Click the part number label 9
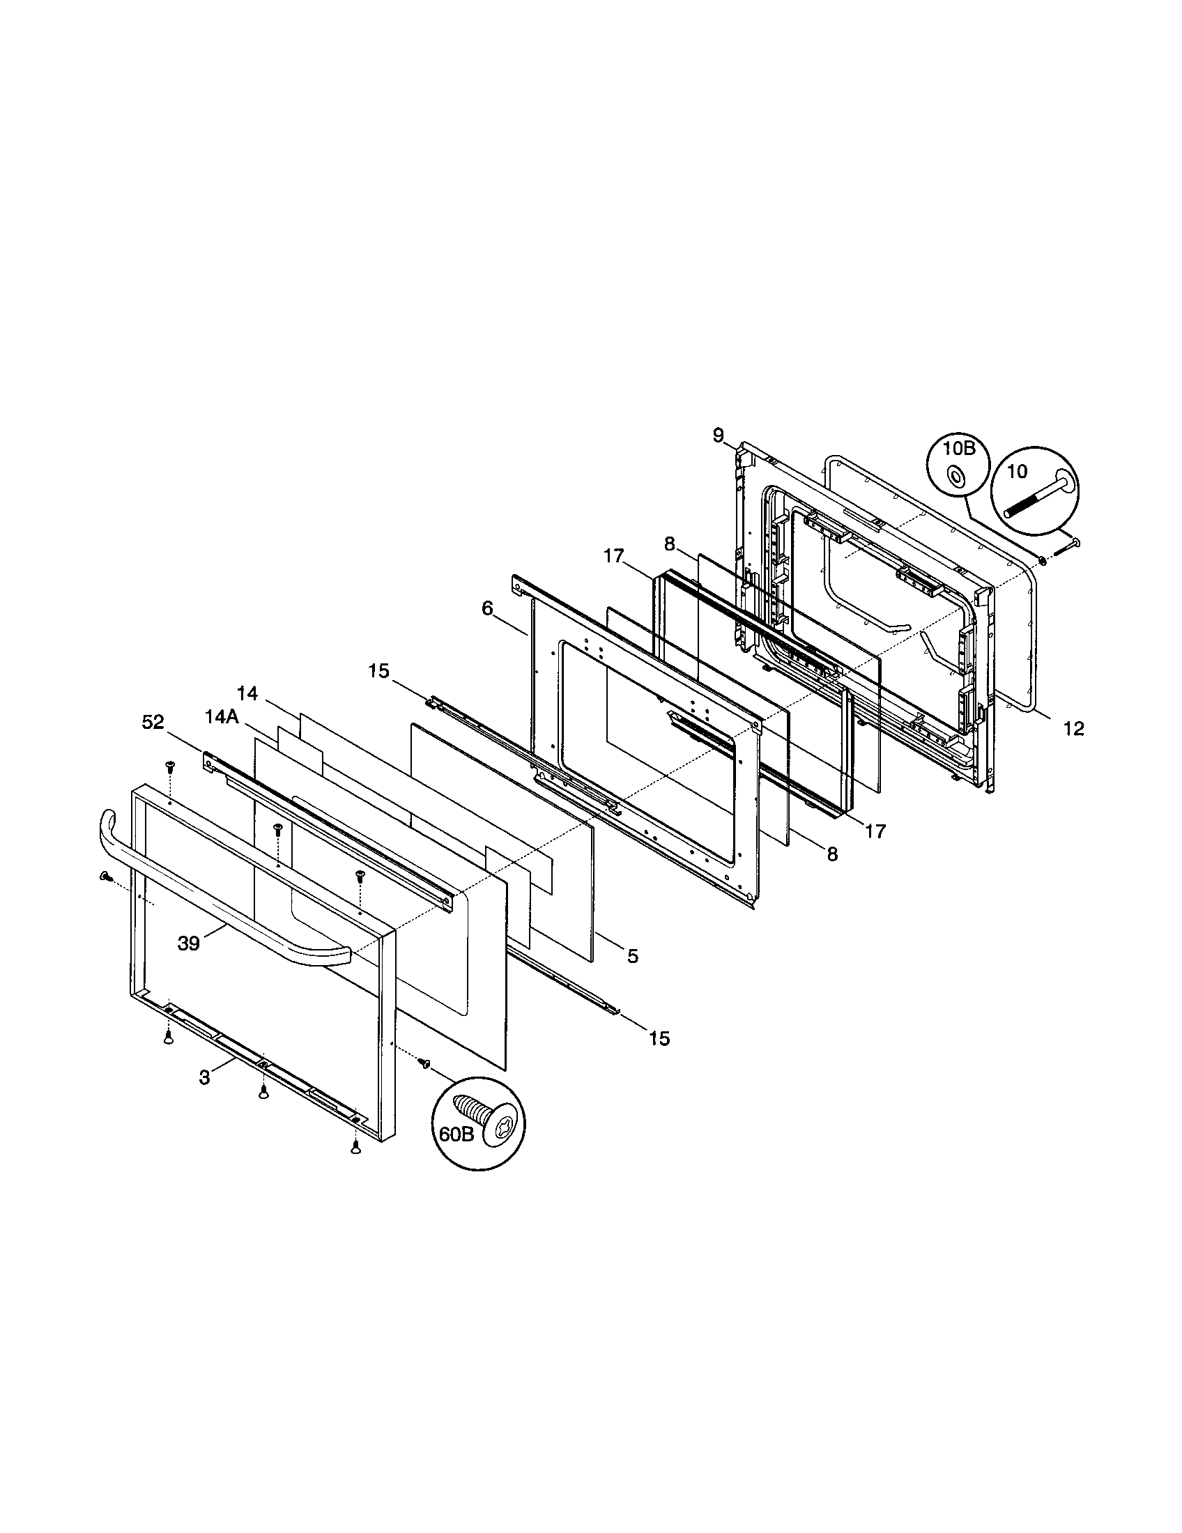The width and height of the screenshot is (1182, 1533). (718, 436)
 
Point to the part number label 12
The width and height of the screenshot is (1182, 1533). (1073, 730)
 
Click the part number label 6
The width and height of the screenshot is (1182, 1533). (488, 608)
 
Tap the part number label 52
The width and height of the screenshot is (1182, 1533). (153, 723)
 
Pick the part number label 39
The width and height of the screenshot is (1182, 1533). (189, 943)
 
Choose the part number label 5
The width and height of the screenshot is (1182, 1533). (633, 956)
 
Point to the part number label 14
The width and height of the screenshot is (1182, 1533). (247, 694)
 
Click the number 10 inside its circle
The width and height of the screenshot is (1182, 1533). (1017, 472)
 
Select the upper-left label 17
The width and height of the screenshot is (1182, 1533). (613, 557)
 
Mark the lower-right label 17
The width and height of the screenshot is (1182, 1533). (875, 831)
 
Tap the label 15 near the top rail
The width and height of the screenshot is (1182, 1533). (378, 671)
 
